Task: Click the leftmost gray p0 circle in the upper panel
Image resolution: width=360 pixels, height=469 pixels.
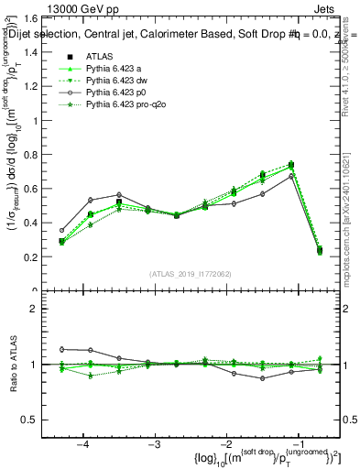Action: [x=62, y=231]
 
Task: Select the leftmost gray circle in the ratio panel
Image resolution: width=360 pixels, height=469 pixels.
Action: [x=62, y=349]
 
